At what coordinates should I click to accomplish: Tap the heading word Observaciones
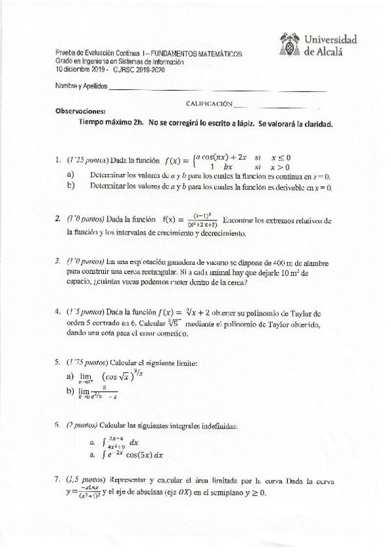81,110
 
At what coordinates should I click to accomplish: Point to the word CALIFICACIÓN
209,103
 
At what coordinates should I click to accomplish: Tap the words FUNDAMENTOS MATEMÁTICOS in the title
201,53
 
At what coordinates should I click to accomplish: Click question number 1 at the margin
59,158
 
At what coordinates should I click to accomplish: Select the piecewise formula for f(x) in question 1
232,162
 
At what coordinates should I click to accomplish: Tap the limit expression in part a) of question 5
104,377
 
